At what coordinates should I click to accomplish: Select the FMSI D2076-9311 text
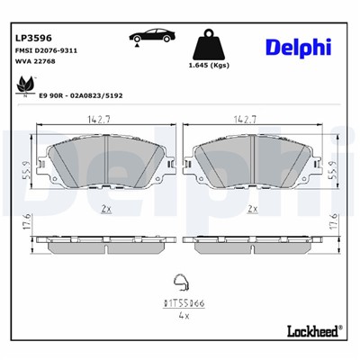pos(45,52)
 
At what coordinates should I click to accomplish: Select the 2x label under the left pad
pos(105,209)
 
